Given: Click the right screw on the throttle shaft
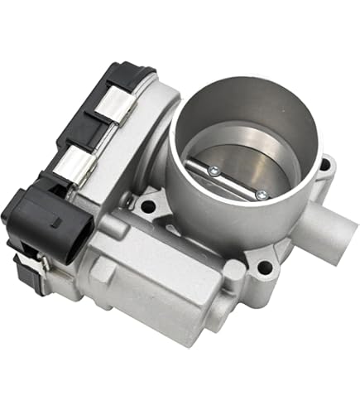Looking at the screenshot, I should (x=262, y=195).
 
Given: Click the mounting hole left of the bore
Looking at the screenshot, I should (x=150, y=204).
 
